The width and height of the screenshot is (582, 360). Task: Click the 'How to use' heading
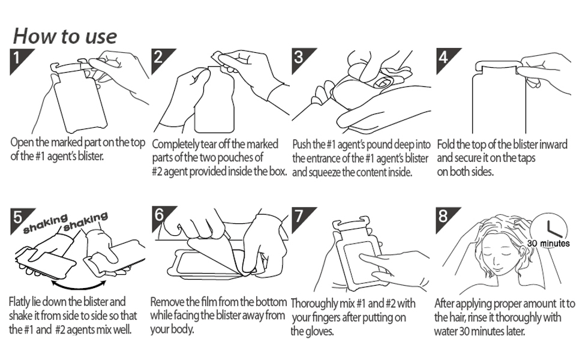pos(65,35)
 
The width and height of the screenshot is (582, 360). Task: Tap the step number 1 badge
pos(19,58)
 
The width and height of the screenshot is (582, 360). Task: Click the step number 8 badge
pos(444,216)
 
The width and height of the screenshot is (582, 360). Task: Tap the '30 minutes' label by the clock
pos(548,244)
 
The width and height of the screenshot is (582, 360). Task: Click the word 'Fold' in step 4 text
pos(446,145)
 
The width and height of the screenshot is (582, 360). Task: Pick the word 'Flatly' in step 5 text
pos(21,301)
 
